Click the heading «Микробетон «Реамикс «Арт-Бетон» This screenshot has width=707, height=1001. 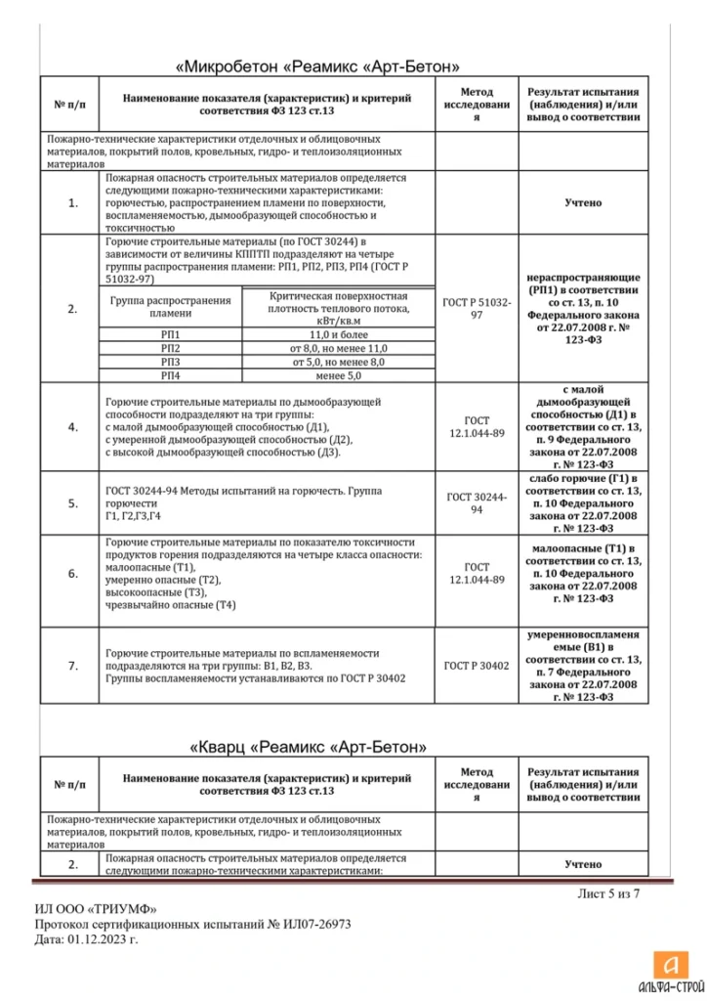click(x=317, y=67)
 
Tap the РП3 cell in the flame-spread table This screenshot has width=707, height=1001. click(x=171, y=361)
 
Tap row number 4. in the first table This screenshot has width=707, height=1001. click(x=72, y=427)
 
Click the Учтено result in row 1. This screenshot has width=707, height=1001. click(x=582, y=203)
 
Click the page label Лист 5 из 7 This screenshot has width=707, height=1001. click(x=609, y=891)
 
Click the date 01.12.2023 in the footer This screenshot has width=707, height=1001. click(x=103, y=938)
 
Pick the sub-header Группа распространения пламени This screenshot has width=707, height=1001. click(x=171, y=307)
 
